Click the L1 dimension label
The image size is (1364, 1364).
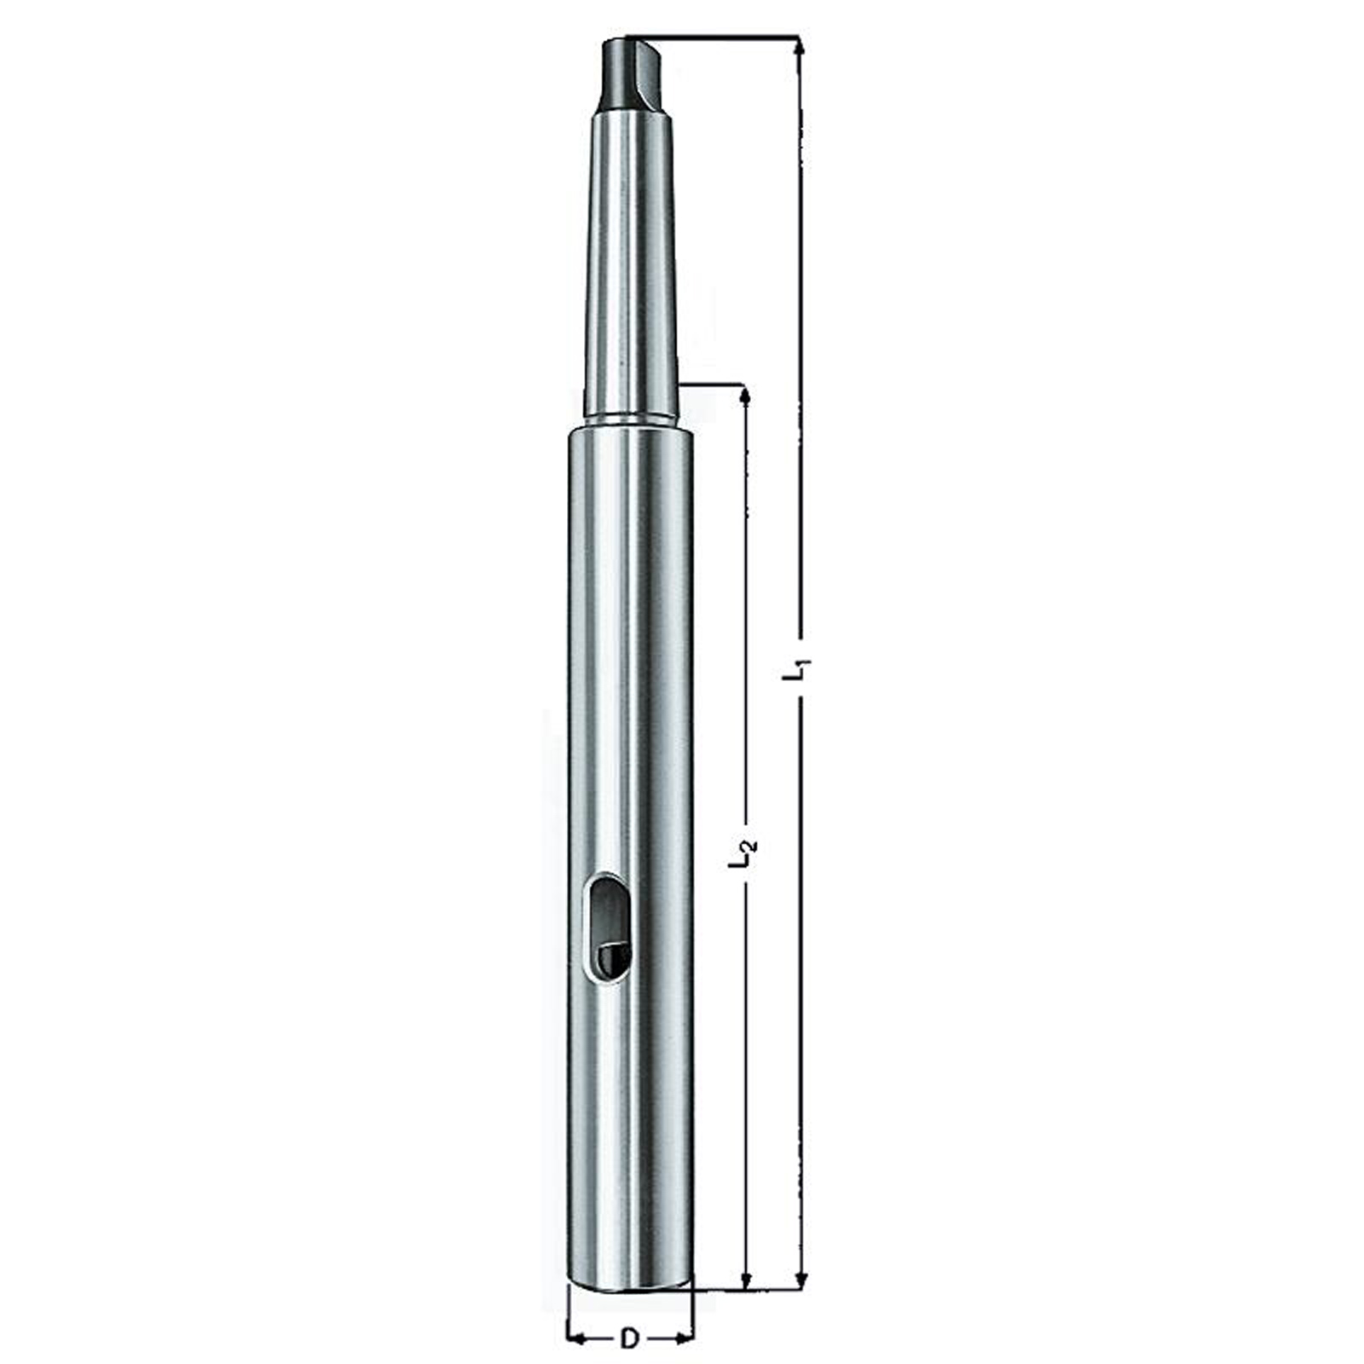click(798, 668)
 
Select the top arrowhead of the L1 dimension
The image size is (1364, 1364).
click(800, 51)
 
